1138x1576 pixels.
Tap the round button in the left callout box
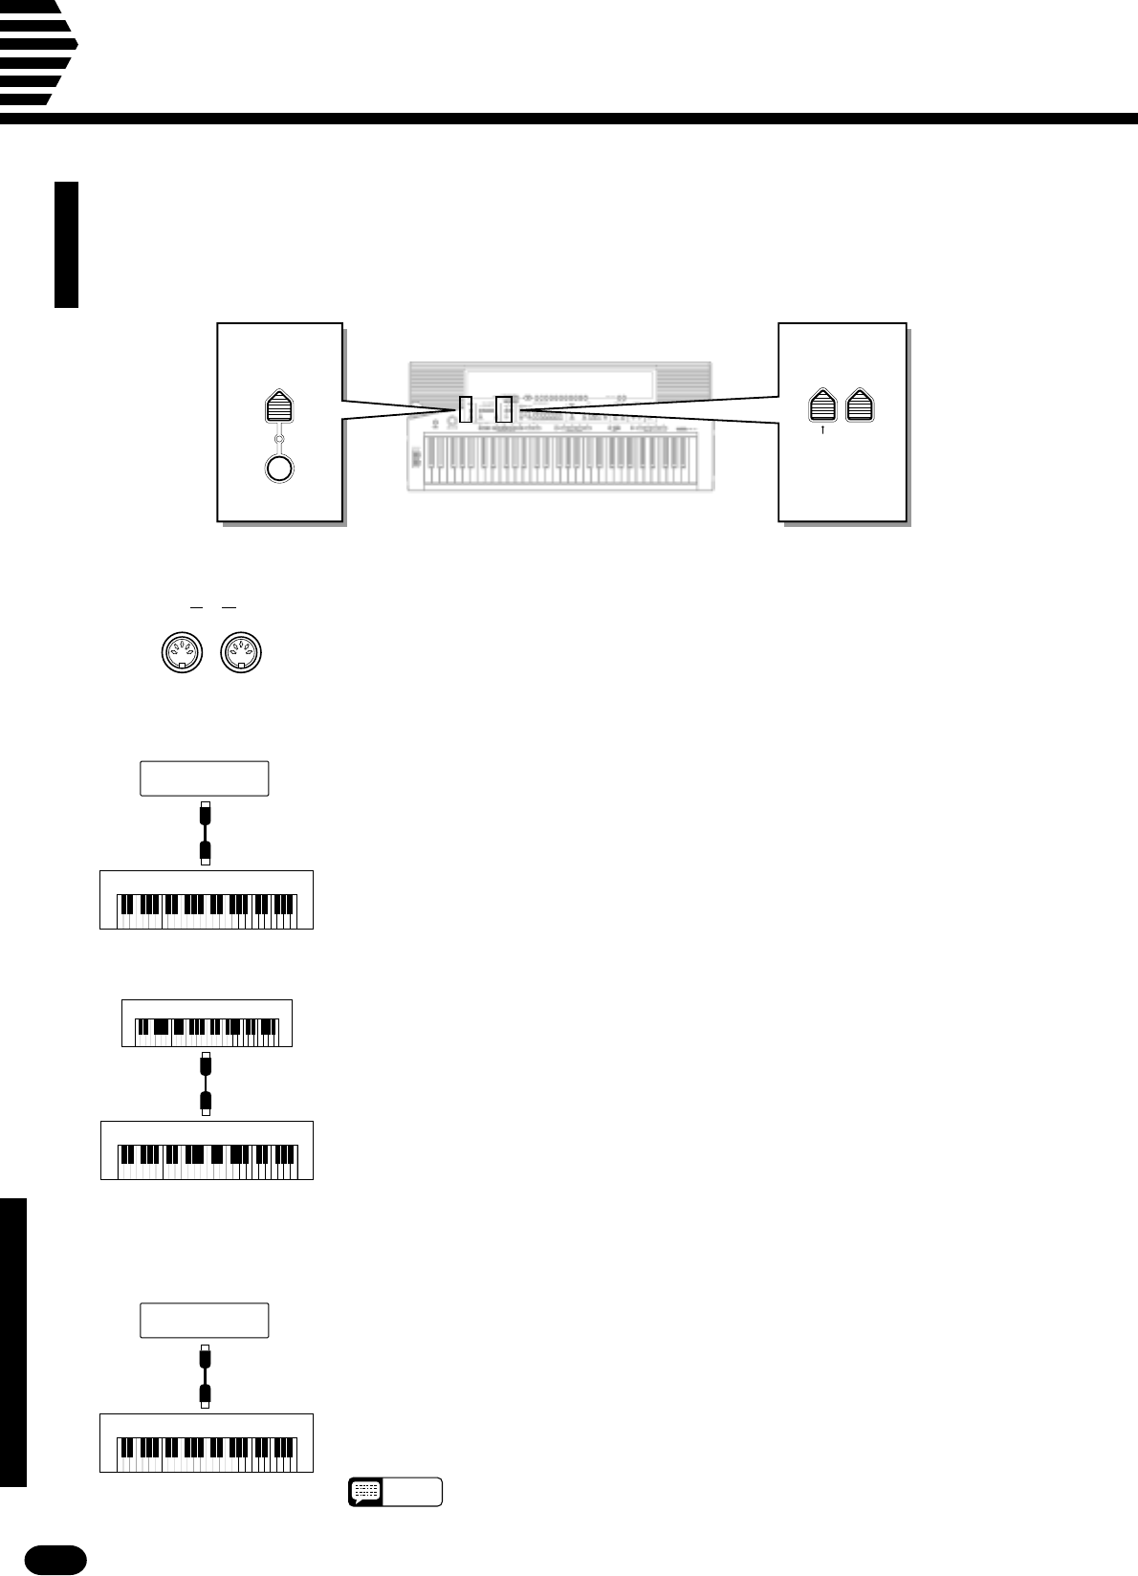click(x=278, y=470)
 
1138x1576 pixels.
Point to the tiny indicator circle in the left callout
click(x=278, y=439)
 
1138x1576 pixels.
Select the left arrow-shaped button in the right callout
click(x=823, y=405)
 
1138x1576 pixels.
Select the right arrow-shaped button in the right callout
click(x=861, y=405)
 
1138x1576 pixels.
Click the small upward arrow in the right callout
click(x=823, y=430)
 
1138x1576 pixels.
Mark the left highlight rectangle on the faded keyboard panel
click(x=466, y=409)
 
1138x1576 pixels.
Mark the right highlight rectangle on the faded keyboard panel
click(x=505, y=409)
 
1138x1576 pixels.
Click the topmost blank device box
click(x=205, y=778)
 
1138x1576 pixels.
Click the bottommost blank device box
click(x=205, y=1320)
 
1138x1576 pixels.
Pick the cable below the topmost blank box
click(x=205, y=833)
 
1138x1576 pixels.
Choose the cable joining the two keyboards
click(x=205, y=1083)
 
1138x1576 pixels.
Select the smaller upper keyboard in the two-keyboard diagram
click(x=207, y=1022)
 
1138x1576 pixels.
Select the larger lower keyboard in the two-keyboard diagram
click(x=208, y=1149)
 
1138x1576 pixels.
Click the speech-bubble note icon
click(x=366, y=1491)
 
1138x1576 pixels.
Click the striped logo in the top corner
click(x=36, y=53)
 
